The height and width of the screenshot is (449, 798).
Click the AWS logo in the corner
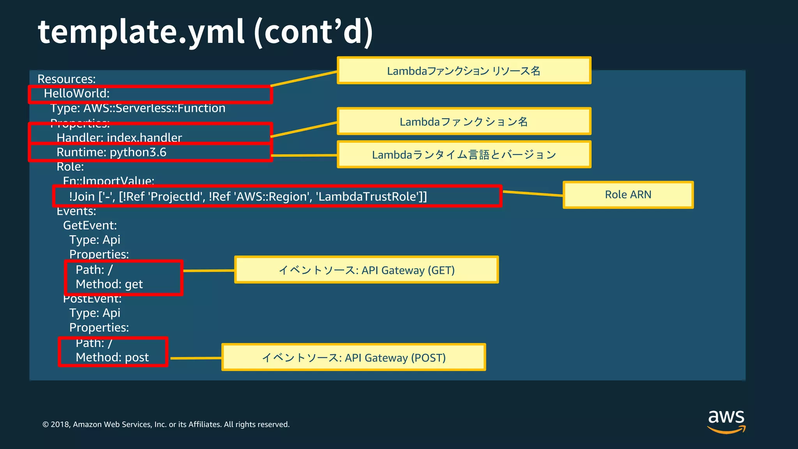(726, 421)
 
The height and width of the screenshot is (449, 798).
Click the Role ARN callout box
(628, 195)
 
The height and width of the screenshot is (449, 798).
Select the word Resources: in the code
(67, 79)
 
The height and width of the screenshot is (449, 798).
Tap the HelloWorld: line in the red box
(77, 94)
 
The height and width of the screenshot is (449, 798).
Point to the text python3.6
(138, 152)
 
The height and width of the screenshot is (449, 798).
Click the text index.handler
(144, 138)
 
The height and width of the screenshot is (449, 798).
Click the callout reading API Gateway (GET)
(366, 270)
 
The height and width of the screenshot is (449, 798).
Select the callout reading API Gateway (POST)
(353, 357)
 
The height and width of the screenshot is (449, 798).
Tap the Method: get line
(109, 284)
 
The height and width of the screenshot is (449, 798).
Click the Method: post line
(112, 357)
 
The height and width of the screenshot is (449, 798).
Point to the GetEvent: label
(90, 225)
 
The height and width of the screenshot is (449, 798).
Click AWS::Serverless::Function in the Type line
(154, 108)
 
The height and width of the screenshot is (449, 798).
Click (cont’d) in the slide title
(313, 32)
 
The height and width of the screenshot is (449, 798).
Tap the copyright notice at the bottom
(166, 424)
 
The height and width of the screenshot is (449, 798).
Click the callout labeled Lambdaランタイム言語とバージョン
(464, 155)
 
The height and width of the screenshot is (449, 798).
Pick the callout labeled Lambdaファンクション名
(464, 122)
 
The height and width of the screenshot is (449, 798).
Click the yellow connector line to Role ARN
(533, 193)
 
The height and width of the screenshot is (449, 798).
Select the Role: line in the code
(70, 167)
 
